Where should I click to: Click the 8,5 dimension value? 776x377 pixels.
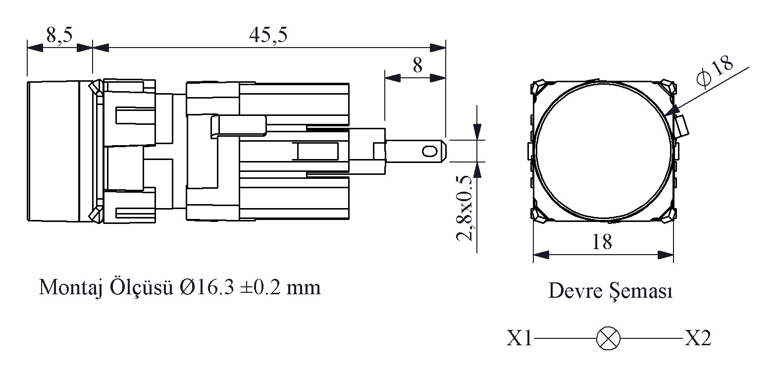[59, 35]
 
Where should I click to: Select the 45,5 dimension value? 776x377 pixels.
[268, 35]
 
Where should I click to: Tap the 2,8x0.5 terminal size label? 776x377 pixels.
[465, 208]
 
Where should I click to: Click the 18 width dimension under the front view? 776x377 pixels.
[602, 242]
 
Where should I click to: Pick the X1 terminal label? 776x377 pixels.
[519, 338]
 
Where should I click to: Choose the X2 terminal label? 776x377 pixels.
[698, 338]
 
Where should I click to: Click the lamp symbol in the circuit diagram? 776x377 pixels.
[608, 338]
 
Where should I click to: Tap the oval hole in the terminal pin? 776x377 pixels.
[429, 152]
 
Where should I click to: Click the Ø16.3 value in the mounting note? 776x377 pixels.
[207, 287]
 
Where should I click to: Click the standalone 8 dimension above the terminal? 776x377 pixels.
[417, 65]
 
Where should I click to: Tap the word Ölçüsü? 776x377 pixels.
[141, 287]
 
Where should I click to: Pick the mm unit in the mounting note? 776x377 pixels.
[304, 289]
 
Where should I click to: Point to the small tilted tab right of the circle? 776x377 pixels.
[681, 127]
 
